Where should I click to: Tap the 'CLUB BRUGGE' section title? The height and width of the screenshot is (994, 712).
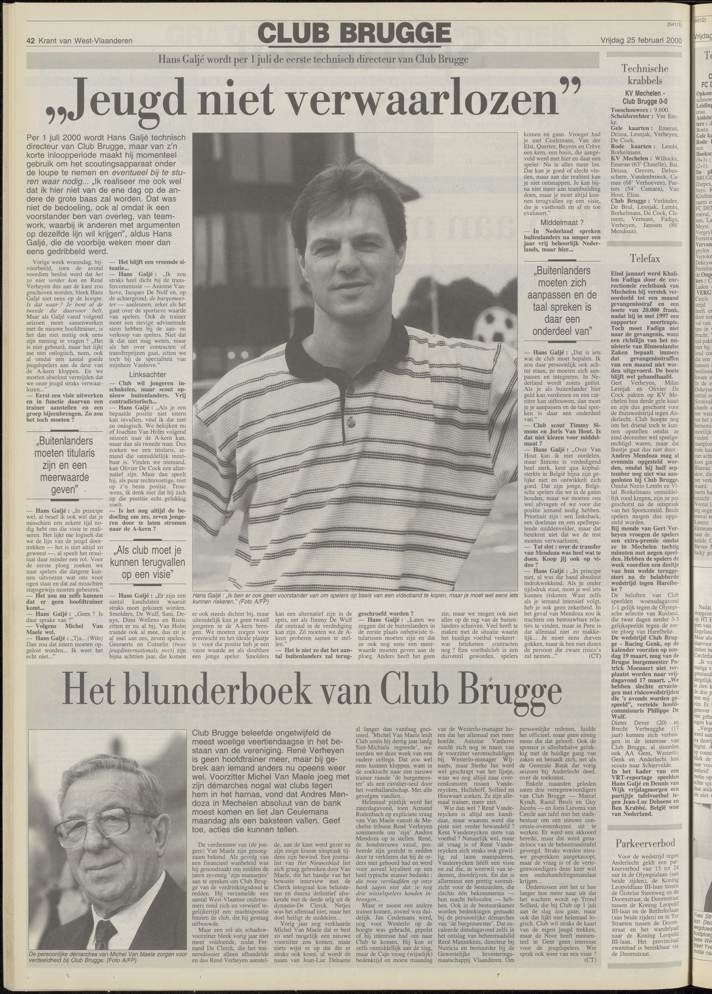(355, 33)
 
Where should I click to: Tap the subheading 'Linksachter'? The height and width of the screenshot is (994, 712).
(148, 387)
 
